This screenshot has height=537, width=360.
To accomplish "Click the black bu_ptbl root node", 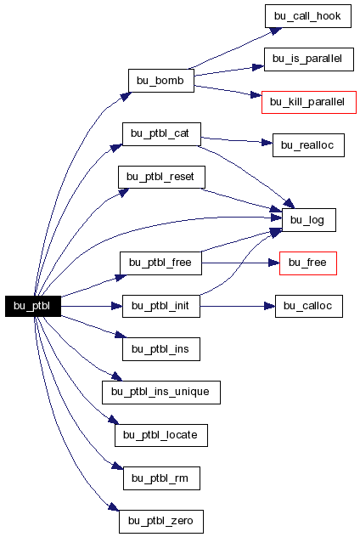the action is [33, 306].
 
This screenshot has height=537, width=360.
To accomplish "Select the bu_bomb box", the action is [161, 81].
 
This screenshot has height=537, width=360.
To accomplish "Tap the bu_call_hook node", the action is [308, 16].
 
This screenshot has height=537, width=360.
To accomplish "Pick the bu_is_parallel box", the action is [309, 59].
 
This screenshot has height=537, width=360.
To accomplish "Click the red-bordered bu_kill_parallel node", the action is [309, 102].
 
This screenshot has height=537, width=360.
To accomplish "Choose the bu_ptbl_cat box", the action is [161, 134].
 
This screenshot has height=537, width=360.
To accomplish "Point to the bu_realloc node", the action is [308, 145].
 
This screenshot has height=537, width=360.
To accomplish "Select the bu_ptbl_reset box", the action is [161, 177].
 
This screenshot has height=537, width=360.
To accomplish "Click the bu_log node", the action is [309, 220].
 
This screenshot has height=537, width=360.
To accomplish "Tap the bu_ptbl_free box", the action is [160, 263].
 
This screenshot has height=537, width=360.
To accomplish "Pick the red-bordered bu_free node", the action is [308, 263].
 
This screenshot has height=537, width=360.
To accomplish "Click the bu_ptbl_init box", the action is [161, 306].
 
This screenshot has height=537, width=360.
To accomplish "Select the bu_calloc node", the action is [309, 306].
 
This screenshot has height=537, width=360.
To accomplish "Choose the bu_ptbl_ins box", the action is [161, 349].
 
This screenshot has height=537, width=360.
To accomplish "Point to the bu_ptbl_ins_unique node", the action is [161, 393].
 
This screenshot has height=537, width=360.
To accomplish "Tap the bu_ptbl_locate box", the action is [161, 435].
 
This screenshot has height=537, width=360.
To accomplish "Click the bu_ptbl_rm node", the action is [161, 478].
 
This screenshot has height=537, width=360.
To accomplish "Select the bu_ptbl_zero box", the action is [161, 521].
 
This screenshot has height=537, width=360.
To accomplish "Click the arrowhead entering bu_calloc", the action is [270, 306].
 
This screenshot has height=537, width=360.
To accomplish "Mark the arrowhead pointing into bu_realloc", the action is [267, 142].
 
